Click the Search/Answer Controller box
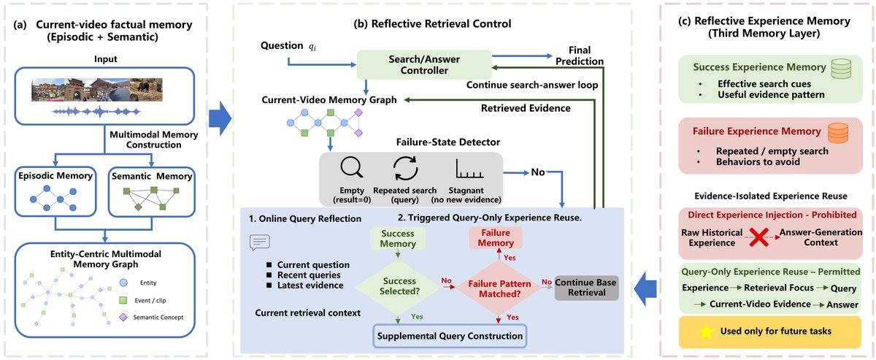(424, 64)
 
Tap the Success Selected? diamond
(398, 286)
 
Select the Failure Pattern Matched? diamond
(499, 288)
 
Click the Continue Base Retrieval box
(587, 288)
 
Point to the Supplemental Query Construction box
(450, 336)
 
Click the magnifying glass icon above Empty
(351, 167)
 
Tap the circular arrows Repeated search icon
(405, 168)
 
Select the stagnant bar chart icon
(469, 169)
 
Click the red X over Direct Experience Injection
(759, 237)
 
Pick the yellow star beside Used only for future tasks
(706, 332)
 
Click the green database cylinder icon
(841, 69)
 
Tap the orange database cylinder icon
(838, 133)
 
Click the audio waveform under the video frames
(96, 112)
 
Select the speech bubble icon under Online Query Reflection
(260, 242)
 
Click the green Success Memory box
(398, 238)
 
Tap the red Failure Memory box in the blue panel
(496, 237)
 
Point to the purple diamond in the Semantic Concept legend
(123, 317)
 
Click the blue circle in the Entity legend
(123, 283)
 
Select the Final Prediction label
(580, 55)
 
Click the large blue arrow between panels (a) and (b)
(220, 118)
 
